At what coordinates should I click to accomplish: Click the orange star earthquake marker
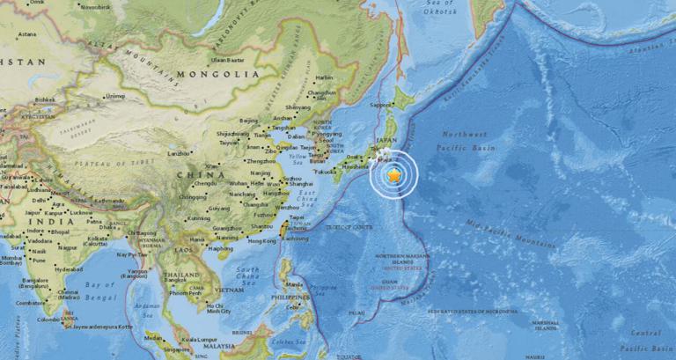coord(393,176)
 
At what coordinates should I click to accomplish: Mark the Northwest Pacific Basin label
coord(463,142)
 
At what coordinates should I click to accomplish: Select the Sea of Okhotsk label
coord(440,8)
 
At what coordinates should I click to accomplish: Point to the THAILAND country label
coord(181,275)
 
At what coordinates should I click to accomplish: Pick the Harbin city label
coord(325,77)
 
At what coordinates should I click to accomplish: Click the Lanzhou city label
coord(179,154)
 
